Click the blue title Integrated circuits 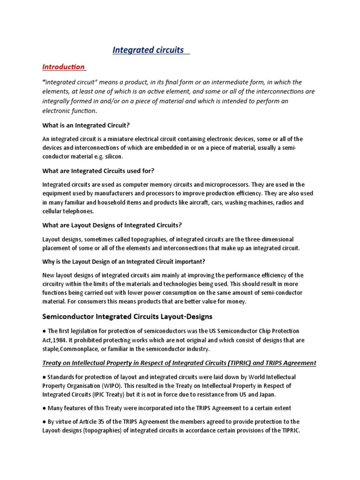(148, 50)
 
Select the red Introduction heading (63, 67)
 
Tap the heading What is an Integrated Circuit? (86, 126)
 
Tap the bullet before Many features (44, 408)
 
